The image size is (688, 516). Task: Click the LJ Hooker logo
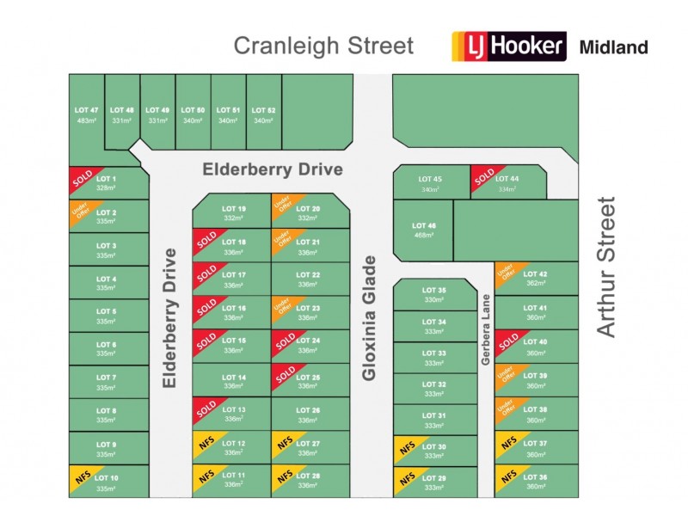point(510,46)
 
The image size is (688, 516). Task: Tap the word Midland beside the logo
point(614,47)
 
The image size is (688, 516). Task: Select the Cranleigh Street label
point(323,46)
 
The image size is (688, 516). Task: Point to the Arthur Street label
point(607,267)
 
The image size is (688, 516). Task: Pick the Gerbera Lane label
point(486,331)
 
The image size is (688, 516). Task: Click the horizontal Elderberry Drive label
point(273,169)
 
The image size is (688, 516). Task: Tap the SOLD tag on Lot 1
point(82,178)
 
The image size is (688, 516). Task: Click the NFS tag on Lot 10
point(82,477)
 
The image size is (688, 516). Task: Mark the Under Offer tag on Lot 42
point(506,273)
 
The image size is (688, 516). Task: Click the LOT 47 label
point(87,110)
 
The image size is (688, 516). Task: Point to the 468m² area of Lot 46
point(423,235)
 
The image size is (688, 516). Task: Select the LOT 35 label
point(435,291)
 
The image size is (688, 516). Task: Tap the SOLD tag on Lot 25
point(285,374)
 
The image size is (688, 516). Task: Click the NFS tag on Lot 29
point(407,478)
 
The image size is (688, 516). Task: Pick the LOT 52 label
point(263,110)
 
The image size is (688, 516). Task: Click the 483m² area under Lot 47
point(87,121)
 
